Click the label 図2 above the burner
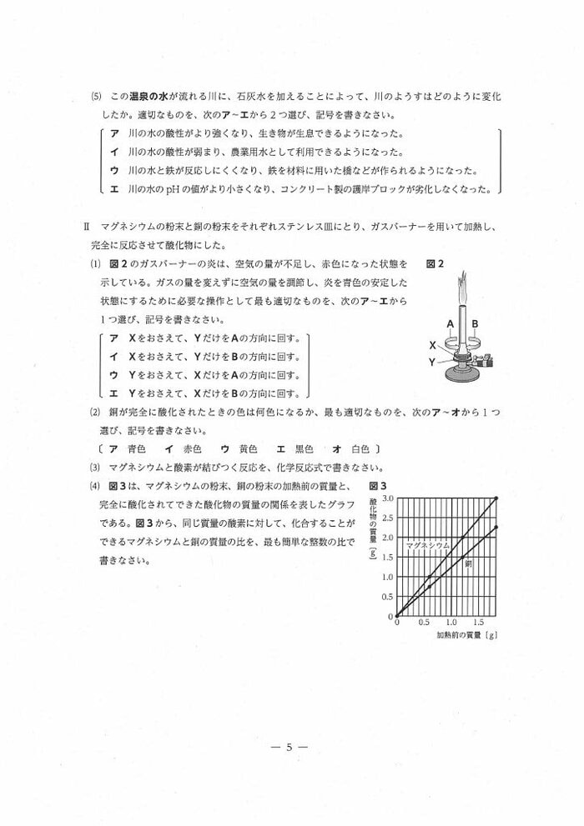coord(435,264)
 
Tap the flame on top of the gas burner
coord(461,296)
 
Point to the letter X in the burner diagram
coord(432,344)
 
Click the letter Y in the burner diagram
coord(432,362)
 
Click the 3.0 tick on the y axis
coord(387,498)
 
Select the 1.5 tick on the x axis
coord(478,623)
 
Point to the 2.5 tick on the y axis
coord(387,518)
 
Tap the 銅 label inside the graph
coord(468,564)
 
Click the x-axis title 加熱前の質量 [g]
coord(467,635)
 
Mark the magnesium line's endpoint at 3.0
coord(497,498)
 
